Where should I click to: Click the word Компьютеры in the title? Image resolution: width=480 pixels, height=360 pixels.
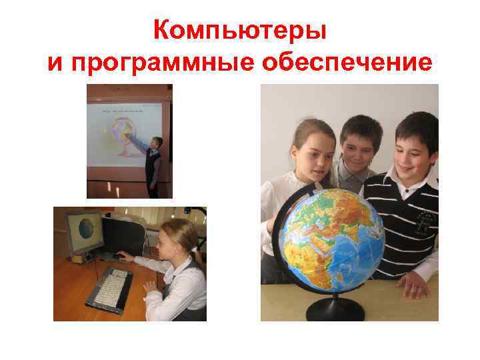click(239, 29)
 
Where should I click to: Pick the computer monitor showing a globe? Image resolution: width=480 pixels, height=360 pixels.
click(85, 231)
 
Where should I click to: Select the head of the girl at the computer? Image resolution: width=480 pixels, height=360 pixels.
click(177, 237)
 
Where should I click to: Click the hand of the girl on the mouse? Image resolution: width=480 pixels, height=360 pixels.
click(127, 256)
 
